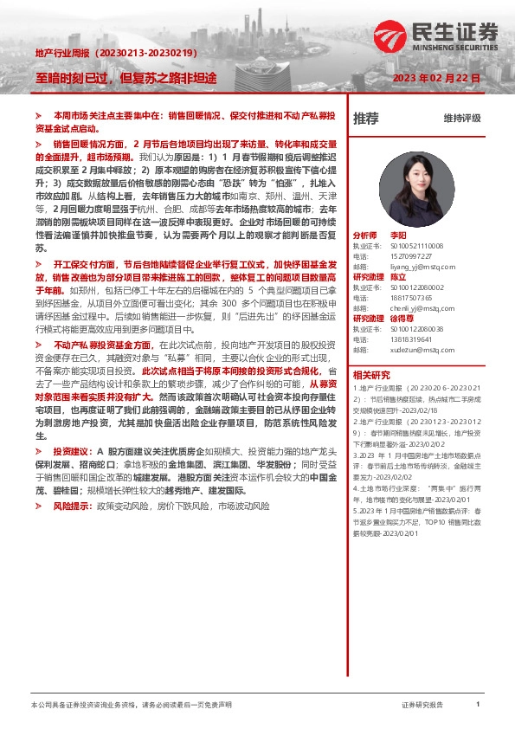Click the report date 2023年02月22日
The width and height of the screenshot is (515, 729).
click(436, 79)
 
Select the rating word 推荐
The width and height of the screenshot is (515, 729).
click(366, 119)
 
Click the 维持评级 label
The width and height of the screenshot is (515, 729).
click(461, 119)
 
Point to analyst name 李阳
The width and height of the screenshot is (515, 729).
click(398, 235)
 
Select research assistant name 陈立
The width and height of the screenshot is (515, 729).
click(398, 277)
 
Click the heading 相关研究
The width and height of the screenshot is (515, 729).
click(371, 375)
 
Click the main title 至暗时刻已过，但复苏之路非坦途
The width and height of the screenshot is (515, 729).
click(126, 77)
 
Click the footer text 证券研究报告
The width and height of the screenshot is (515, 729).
click(422, 705)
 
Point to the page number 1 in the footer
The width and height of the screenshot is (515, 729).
click(478, 705)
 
